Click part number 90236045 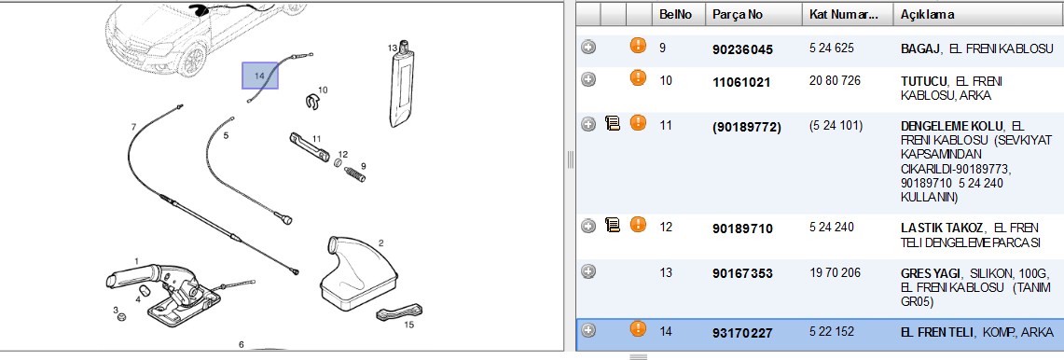742,49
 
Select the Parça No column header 738,14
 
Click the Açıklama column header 927,14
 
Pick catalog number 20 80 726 835,81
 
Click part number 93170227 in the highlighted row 742,333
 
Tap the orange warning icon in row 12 638,224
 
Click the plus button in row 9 588,47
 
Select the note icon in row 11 613,124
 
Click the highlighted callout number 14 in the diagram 259,76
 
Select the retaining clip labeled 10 311,102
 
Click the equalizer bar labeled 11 309,146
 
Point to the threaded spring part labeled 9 355,173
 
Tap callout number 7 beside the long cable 133,126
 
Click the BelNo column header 676,14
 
